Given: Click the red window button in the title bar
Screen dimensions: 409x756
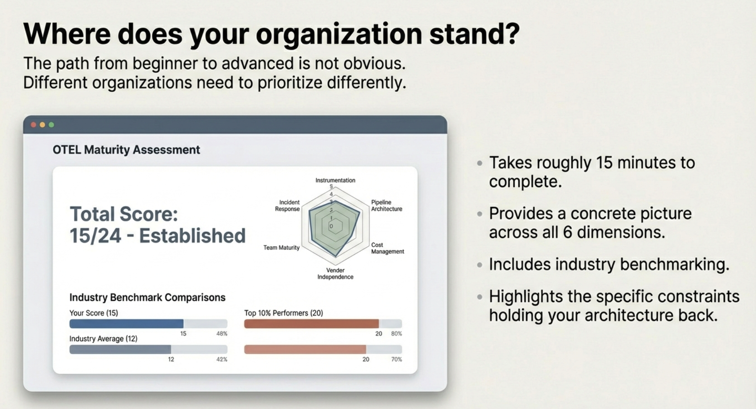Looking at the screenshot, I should (x=34, y=125).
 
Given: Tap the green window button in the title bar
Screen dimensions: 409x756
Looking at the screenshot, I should (x=51, y=125).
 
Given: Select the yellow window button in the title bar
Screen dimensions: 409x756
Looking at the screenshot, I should (x=42, y=125).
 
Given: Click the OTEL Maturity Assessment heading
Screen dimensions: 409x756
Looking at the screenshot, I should (x=126, y=150).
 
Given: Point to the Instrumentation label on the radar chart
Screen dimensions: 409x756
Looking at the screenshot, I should (x=335, y=180).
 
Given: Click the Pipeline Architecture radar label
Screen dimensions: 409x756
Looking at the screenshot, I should (x=386, y=206).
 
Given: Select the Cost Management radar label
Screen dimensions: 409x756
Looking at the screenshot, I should (x=387, y=248).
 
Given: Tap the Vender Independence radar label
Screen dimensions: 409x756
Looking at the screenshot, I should (x=335, y=274).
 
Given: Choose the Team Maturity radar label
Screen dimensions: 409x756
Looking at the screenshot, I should (x=282, y=247).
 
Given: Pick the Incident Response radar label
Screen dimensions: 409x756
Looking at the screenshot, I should (x=287, y=206).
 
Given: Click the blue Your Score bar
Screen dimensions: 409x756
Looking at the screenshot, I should (x=126, y=323).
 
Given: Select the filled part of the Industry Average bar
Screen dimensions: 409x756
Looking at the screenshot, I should (x=120, y=349).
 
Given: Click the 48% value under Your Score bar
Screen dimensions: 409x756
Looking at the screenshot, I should (x=222, y=333).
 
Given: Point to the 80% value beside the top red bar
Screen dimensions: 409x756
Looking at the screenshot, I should (x=396, y=333).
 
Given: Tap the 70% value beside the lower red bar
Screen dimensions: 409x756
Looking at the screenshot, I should (x=396, y=360).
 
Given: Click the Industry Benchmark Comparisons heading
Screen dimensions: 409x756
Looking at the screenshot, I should (x=147, y=297).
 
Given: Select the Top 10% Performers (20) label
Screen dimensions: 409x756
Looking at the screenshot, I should (x=284, y=313).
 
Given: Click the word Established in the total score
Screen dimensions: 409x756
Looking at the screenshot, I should (x=192, y=236).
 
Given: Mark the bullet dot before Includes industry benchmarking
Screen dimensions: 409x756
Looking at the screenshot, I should (x=480, y=265).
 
